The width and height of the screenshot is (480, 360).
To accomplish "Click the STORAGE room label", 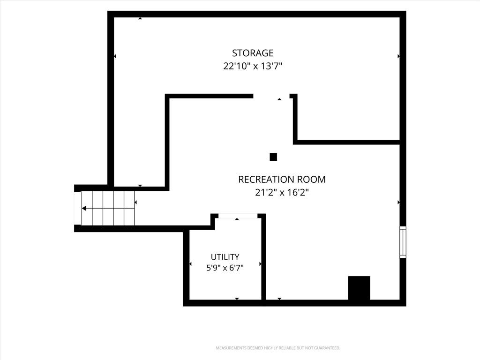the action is pyautogui.click(x=253, y=53).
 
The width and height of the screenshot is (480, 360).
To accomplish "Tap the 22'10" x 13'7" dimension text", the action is pyautogui.click(x=253, y=66).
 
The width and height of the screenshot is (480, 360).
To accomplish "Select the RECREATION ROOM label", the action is pyautogui.click(x=282, y=180).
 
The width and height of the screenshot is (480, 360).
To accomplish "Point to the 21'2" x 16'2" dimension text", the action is pyautogui.click(x=282, y=193).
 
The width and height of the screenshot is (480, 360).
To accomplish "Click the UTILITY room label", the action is pyautogui.click(x=225, y=257).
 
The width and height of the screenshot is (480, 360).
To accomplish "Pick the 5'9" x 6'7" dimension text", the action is pyautogui.click(x=225, y=268).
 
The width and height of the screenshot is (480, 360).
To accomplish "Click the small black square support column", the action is pyautogui.click(x=273, y=157).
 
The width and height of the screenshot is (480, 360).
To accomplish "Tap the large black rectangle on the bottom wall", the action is pyautogui.click(x=359, y=288).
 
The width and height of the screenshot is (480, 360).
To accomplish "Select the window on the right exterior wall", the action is pyautogui.click(x=403, y=242).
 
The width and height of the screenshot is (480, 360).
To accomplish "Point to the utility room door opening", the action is pyautogui.click(x=238, y=216).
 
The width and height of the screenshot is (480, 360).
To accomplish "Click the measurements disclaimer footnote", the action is pyautogui.click(x=278, y=348).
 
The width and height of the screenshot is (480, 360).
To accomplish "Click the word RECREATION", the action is pyautogui.click(x=266, y=180).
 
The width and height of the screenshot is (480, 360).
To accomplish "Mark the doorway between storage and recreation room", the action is pyautogui.click(x=271, y=96).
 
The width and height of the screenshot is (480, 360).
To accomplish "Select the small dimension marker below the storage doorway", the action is pyautogui.click(x=279, y=99).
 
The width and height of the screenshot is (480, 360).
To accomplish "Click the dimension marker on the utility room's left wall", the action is pyautogui.click(x=190, y=264).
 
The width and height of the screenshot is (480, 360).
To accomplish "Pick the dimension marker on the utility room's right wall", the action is pyautogui.click(x=260, y=264).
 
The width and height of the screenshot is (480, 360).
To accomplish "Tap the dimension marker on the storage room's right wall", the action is pyautogui.click(x=398, y=56).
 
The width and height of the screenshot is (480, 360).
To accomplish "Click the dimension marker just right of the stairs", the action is pyautogui.click(x=135, y=202).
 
